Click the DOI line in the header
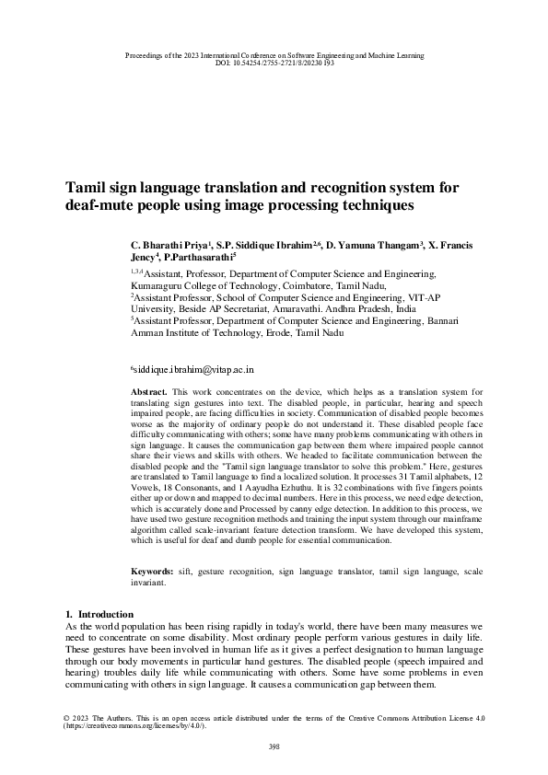[x=274, y=64]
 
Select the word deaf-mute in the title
[x=99, y=205]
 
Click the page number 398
[x=274, y=746]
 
